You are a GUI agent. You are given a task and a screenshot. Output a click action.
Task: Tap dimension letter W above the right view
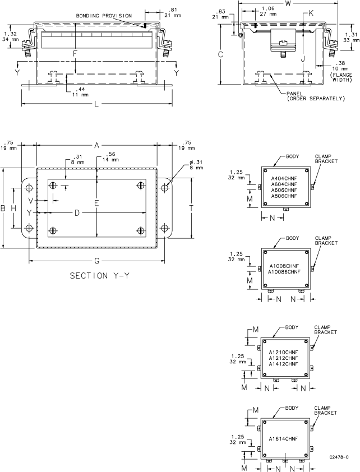pos(287,4)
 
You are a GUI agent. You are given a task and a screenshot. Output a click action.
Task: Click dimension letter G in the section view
pos(96,261)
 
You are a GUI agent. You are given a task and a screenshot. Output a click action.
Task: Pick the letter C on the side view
pos(221,54)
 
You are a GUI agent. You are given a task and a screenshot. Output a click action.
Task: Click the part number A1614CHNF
pos(283,438)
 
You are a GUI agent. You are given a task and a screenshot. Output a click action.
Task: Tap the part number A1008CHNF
pos(284,266)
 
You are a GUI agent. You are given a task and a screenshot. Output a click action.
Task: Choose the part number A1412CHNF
pos(283,364)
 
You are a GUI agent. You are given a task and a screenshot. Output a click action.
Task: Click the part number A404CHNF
pos(284,178)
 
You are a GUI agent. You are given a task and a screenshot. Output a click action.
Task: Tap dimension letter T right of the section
pos(191,207)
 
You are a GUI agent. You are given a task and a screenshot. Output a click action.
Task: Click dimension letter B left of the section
pos(4,208)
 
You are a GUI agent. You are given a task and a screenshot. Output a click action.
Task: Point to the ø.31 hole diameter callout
pos(183,163)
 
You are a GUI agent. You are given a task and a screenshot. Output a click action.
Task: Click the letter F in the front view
pos(75,53)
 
